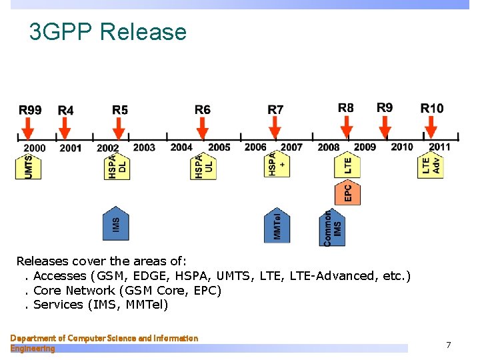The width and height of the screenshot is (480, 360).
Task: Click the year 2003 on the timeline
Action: (144, 147)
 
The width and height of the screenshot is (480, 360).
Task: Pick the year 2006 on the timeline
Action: (255, 147)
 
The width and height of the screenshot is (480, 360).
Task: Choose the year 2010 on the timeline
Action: (402, 147)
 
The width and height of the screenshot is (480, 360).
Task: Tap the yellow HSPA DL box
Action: (117, 167)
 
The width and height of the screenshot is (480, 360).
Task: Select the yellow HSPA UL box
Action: (204, 167)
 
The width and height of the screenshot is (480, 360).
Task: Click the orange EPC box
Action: (347, 192)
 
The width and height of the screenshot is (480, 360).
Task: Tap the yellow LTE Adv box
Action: (431, 166)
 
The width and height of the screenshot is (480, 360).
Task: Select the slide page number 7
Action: (448, 345)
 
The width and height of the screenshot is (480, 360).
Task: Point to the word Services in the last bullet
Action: (58, 305)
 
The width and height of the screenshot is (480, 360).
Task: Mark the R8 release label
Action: (346, 108)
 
